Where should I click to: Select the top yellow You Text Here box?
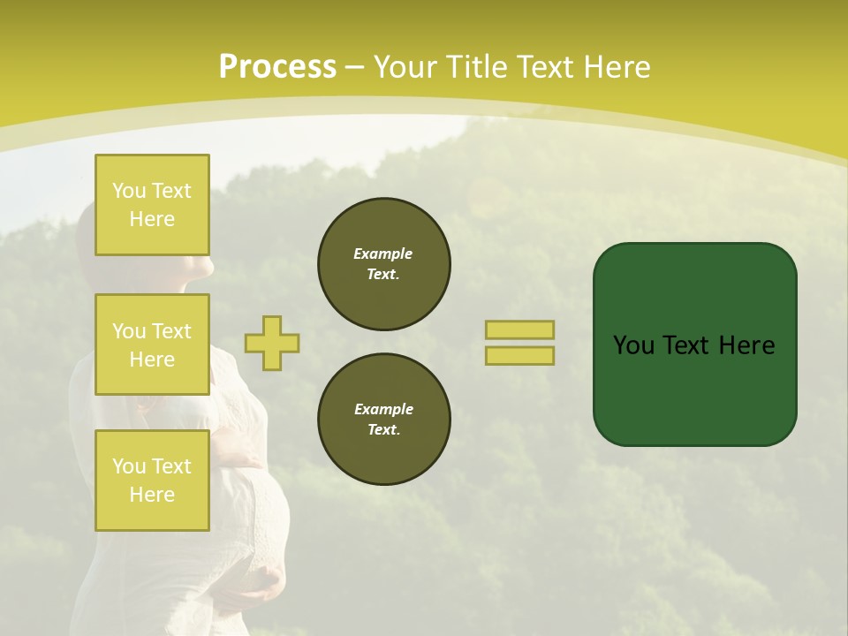pos(152,205)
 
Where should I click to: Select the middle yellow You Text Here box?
pos(152,344)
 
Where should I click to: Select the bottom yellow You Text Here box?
pos(152,480)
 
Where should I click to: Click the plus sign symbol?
pos(272,343)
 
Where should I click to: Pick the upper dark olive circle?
pos(384,264)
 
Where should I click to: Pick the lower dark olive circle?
pos(384,420)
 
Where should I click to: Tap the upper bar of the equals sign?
pos(519,329)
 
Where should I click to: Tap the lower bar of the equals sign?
pos(519,355)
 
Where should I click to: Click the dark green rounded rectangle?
pos(694,389)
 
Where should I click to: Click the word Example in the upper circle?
pos(383,254)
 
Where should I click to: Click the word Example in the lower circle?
pos(383,409)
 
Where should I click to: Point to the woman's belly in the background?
pos(265,521)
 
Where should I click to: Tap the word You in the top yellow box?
pos(129,191)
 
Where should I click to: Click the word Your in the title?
pos(405,68)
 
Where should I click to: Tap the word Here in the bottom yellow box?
pos(152,495)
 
